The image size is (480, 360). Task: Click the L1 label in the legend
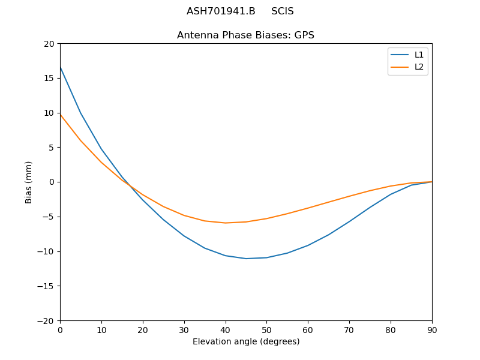click(x=419, y=55)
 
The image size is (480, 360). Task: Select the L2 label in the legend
click(x=419, y=67)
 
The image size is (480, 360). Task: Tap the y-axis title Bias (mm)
click(x=29, y=182)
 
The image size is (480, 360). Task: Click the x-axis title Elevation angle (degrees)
click(x=246, y=341)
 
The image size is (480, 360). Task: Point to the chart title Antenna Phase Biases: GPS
click(x=245, y=35)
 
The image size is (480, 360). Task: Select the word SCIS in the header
click(x=283, y=11)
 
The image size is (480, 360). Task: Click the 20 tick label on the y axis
click(x=49, y=43)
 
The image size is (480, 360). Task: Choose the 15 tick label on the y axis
click(x=49, y=78)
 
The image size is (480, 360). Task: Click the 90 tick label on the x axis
click(x=432, y=330)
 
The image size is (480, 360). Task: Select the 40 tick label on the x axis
click(x=225, y=330)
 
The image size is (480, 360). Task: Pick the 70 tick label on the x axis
click(x=349, y=330)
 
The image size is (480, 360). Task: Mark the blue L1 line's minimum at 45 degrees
click(x=246, y=259)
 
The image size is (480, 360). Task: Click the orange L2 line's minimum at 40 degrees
click(x=226, y=223)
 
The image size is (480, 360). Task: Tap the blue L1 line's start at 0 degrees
click(x=61, y=67)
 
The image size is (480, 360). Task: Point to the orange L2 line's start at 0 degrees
click(x=61, y=115)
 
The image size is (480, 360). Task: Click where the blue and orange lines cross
click(x=128, y=185)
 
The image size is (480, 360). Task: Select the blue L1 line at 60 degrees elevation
click(x=308, y=245)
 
